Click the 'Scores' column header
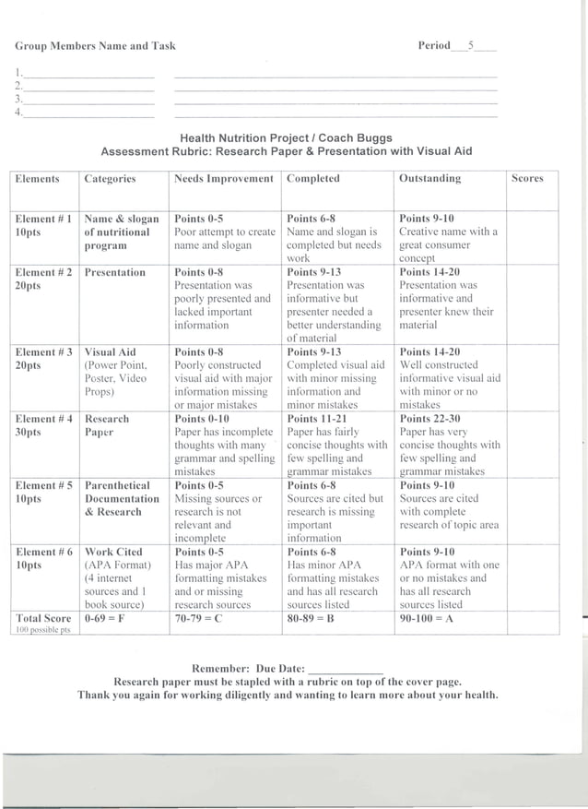[x=527, y=179]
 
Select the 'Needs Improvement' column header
[x=224, y=179]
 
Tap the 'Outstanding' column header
[x=429, y=179]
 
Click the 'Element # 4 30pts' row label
[x=42, y=425]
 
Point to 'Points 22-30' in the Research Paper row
[x=429, y=419]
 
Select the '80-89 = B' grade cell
[x=311, y=619]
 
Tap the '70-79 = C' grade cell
[x=198, y=619]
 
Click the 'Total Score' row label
[x=43, y=619]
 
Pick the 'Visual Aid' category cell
[x=110, y=352]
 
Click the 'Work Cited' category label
[x=113, y=553]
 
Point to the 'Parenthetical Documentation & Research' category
[x=121, y=498]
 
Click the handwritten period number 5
[x=470, y=45]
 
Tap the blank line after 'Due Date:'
[x=346, y=669]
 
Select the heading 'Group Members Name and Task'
[x=95, y=46]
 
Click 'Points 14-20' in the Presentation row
[x=429, y=272]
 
